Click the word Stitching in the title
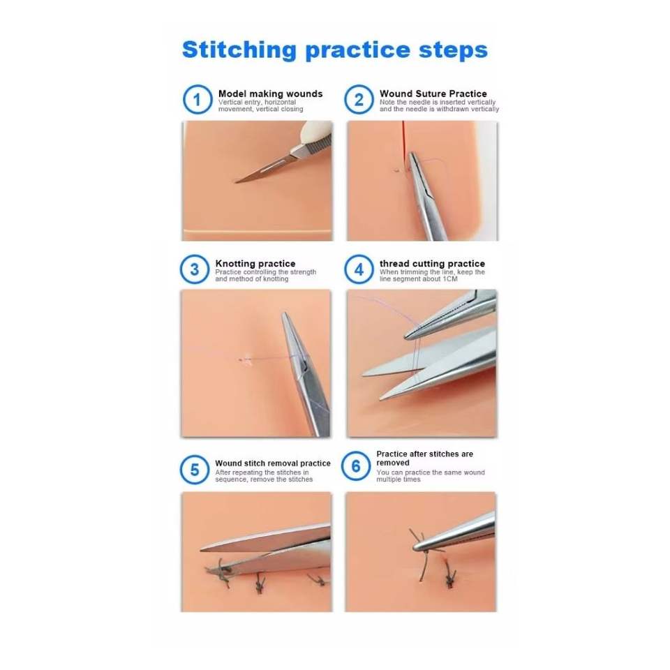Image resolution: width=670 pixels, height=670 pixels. click(x=239, y=50)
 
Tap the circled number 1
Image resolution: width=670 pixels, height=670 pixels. click(x=198, y=100)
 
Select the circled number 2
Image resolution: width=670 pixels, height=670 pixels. click(x=359, y=100)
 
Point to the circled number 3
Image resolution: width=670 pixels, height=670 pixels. click(x=195, y=269)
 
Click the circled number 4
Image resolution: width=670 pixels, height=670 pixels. click(x=359, y=269)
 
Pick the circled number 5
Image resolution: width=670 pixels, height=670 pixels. click(x=195, y=470)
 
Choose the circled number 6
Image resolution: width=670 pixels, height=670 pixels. click(x=356, y=466)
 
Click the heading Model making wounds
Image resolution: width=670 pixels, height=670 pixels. click(x=271, y=94)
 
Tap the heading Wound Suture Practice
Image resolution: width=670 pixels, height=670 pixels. click(x=433, y=94)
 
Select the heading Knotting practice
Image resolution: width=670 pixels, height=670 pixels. click(x=255, y=264)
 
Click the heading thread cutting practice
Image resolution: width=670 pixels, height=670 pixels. click(x=432, y=264)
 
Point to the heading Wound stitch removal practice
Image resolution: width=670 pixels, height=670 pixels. click(x=273, y=463)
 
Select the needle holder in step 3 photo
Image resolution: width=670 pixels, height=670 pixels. click(x=304, y=372)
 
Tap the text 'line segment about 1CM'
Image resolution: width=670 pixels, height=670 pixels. click(x=418, y=279)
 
